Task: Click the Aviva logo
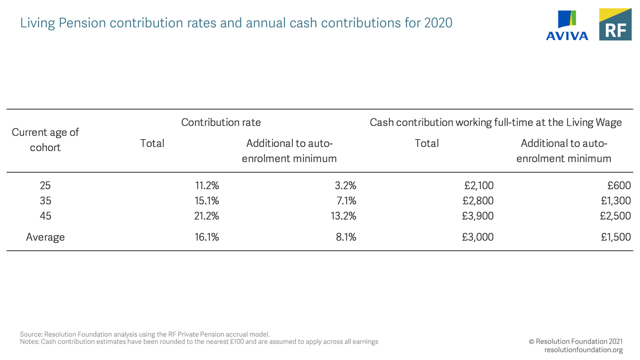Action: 567,25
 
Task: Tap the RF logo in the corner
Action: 615,25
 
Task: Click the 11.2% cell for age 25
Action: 206,186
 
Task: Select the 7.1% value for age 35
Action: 346,201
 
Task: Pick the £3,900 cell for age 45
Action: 478,216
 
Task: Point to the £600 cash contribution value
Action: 619,186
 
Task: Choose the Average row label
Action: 45,237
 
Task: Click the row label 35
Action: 45,201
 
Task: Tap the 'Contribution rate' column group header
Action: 221,122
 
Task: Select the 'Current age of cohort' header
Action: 45,139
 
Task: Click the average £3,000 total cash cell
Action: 478,237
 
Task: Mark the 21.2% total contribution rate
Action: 206,216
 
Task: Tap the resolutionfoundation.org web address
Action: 583,350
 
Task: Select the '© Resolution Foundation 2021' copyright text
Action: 575,341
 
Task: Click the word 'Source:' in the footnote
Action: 31,334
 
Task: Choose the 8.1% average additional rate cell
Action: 346,237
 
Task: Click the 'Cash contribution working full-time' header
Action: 495,122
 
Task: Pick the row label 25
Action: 45,186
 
